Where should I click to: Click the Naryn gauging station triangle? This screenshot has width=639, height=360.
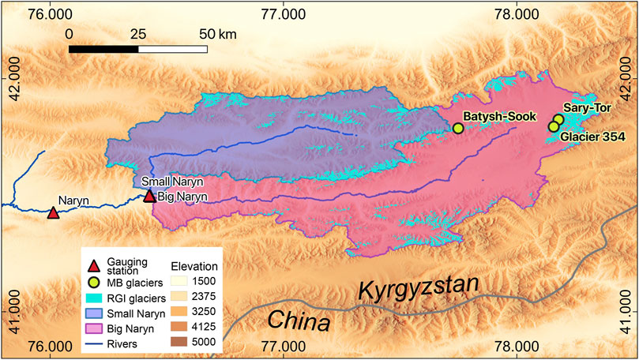53,212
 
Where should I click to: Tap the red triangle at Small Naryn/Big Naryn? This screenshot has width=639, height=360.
149,196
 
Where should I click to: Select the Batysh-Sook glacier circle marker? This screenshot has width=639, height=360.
457,128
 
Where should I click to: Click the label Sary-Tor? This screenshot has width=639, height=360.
586,107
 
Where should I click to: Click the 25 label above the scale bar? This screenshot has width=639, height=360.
138,34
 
